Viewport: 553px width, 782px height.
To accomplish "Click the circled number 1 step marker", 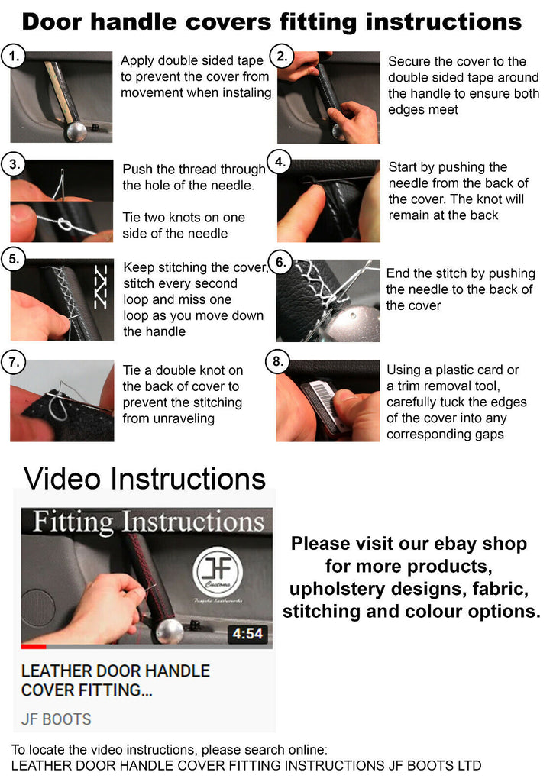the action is (x=14, y=57).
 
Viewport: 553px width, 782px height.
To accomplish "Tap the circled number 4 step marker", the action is (x=280, y=162).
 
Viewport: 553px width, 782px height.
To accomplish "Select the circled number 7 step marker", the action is (x=14, y=361).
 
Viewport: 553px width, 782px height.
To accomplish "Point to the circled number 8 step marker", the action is (x=278, y=361).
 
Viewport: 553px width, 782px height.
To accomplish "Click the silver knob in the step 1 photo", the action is (x=77, y=131).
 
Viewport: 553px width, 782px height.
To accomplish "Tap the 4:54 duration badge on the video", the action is (x=247, y=633).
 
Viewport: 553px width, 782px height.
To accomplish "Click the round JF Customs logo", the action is (x=218, y=571).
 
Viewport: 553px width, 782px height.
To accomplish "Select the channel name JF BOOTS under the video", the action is (x=57, y=719).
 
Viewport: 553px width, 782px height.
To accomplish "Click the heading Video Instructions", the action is (x=144, y=478).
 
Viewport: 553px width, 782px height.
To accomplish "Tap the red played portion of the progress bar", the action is (x=34, y=646).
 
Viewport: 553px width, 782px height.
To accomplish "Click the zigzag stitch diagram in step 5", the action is (x=100, y=286).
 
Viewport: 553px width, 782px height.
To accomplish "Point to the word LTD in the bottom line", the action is (x=469, y=765).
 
